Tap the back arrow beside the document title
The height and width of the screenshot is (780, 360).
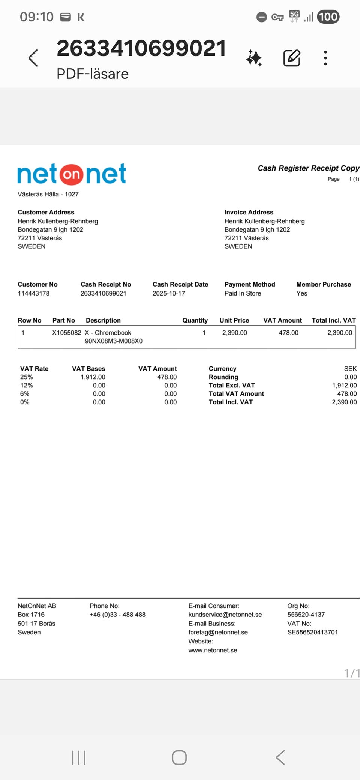point(33,58)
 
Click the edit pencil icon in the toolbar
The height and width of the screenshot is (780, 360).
point(292,58)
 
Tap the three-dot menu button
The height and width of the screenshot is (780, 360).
point(325,58)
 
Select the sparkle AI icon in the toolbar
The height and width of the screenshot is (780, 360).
point(254,58)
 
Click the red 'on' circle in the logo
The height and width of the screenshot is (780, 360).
point(71,174)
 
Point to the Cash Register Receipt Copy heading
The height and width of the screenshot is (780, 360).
point(308,168)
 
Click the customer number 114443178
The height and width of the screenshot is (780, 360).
point(33,293)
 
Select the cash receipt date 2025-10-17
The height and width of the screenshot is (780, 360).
point(169,293)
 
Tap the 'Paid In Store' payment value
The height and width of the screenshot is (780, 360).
point(243,293)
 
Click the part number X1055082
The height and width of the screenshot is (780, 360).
point(66,333)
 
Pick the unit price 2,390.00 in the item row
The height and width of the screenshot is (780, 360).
point(234,333)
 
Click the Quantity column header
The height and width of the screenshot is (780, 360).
point(195,320)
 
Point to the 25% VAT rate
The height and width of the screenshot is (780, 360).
point(27,377)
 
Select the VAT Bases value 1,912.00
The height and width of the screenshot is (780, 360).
point(93,377)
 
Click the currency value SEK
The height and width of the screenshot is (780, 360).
point(350,369)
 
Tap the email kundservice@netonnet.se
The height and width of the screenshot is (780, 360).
point(225,615)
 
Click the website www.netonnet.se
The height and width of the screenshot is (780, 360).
point(213,650)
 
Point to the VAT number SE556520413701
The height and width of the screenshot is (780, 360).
point(312,632)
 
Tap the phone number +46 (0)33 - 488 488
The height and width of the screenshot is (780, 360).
point(117,615)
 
